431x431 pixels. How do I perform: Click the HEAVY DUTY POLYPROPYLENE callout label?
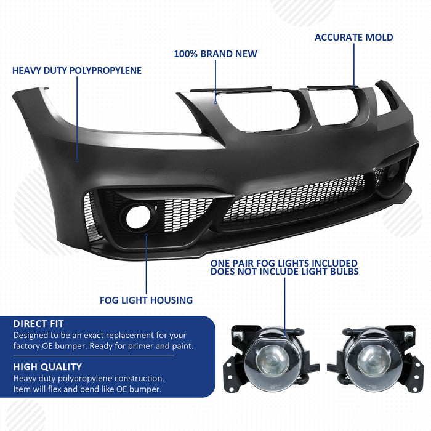tap(77, 71)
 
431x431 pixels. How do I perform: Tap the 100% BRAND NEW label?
tap(216, 54)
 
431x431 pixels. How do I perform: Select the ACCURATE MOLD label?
tap(354, 38)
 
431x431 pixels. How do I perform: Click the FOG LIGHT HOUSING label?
tap(147, 300)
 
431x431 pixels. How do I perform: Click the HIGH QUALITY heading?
tap(47, 367)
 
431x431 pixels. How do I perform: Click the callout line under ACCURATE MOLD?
tap(355, 65)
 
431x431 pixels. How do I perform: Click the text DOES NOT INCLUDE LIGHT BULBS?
tap(284, 272)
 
